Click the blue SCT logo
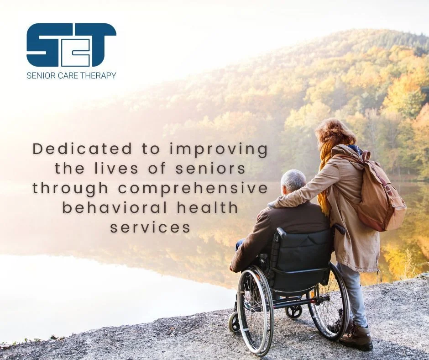pos(71,45)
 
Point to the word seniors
pos(210,169)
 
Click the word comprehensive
pos(193,189)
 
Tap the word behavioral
pos(115,208)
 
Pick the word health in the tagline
pos(208,208)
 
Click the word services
pos(150,228)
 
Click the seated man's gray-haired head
pos(293,182)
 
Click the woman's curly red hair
pos(335,133)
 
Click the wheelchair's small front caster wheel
pos(234,323)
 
